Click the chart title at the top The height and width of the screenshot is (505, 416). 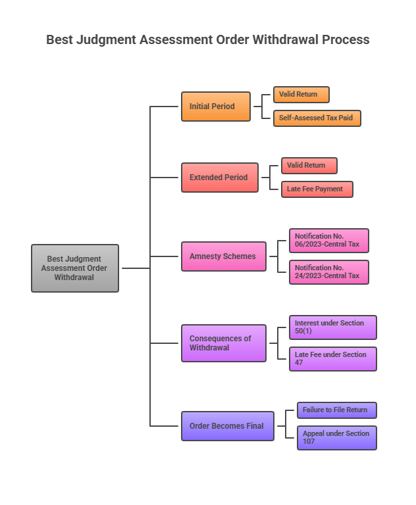(208, 39)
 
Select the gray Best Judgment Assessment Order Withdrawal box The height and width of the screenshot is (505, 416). (75, 268)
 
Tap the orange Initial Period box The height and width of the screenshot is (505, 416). (216, 107)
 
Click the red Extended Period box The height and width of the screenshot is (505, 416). (220, 178)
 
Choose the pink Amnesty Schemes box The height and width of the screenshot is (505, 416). (224, 256)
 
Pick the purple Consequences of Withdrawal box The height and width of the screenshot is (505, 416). (224, 343)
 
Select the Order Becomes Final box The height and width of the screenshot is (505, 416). (228, 426)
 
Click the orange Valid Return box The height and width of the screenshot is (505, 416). (301, 95)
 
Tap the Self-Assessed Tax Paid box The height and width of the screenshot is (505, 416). (317, 118)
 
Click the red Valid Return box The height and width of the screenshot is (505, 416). (309, 166)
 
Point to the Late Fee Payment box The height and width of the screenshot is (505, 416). (317, 189)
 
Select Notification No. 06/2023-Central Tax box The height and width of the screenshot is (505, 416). (328, 241)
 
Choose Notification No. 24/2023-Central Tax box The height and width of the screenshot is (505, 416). (328, 272)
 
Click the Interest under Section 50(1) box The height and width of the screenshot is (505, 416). (332, 327)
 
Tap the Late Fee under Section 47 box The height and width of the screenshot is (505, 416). (332, 359)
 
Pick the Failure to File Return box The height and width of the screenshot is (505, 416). (336, 410)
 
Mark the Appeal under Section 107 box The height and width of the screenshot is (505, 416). (336, 438)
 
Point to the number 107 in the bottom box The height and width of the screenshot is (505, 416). (309, 442)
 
